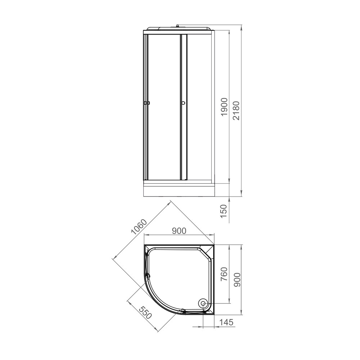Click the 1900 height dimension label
[x=224, y=107]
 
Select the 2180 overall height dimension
[x=236, y=111]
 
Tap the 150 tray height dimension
[x=224, y=211]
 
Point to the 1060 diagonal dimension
[x=139, y=227]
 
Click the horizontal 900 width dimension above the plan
[x=179, y=231]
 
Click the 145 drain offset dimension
[x=226, y=322]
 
